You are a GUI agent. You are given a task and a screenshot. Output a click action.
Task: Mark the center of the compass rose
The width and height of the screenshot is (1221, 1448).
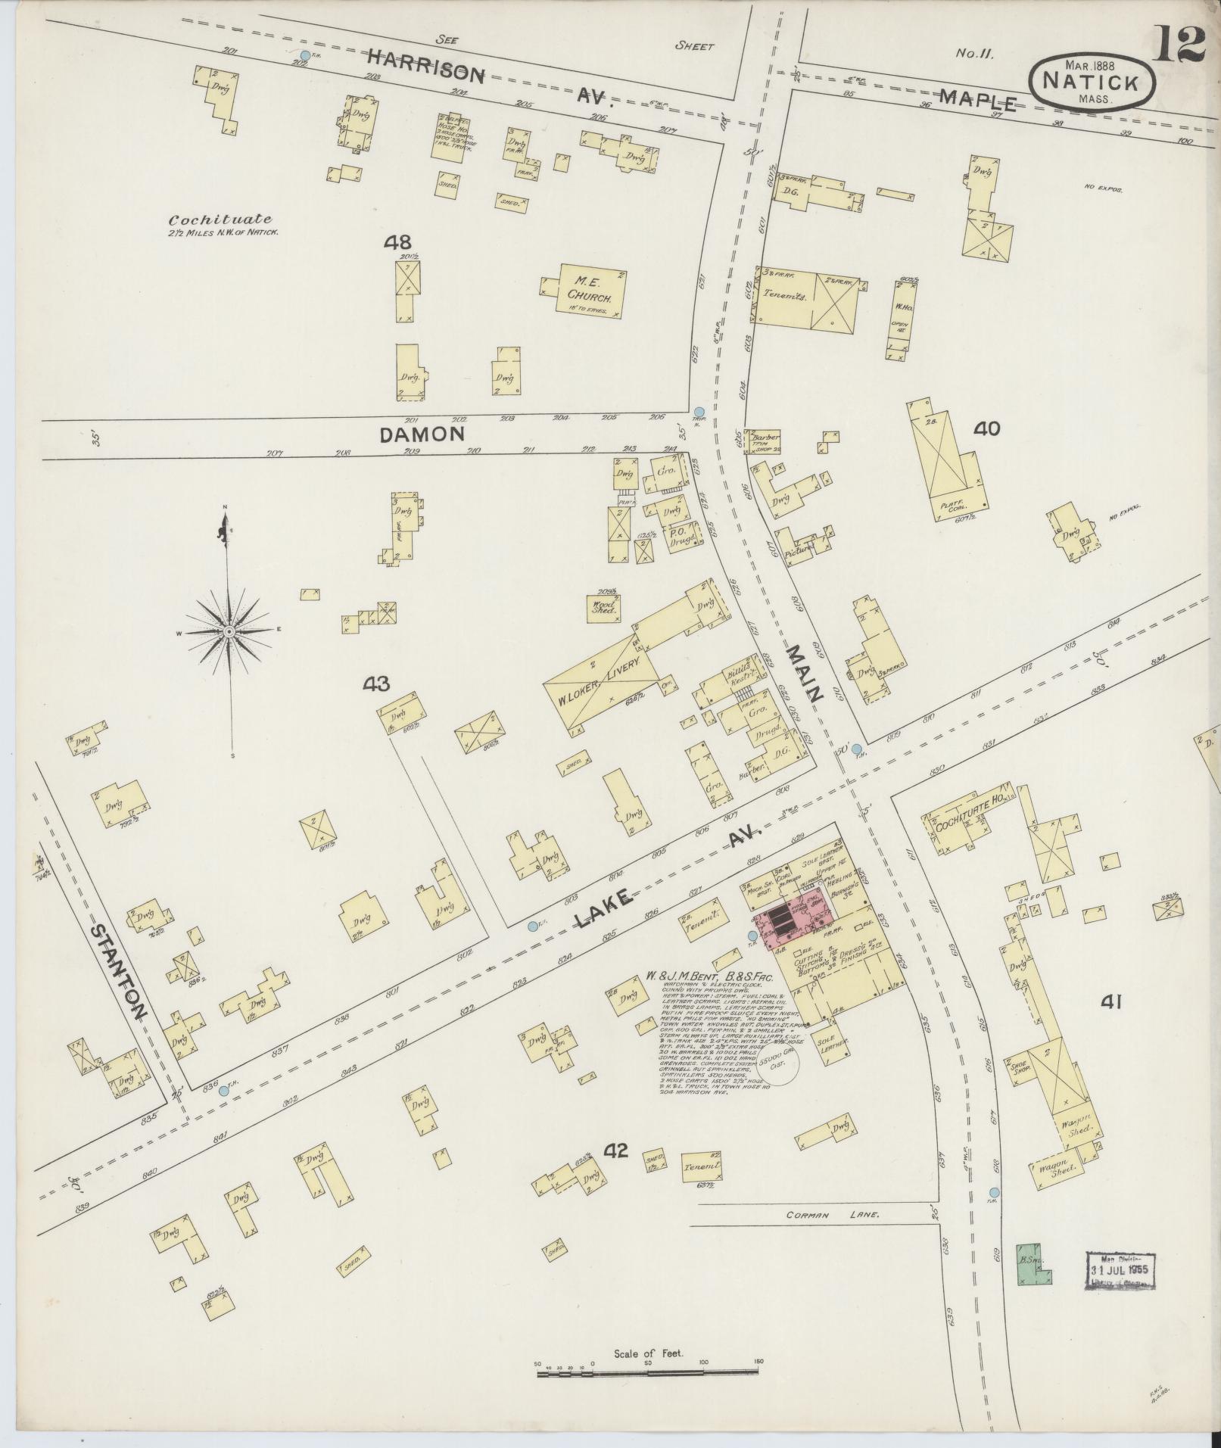click(x=228, y=630)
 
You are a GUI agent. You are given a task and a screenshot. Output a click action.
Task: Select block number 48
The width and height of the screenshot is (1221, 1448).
click(x=397, y=243)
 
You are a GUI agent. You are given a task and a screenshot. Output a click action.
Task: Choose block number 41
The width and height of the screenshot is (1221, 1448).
click(x=1110, y=1003)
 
